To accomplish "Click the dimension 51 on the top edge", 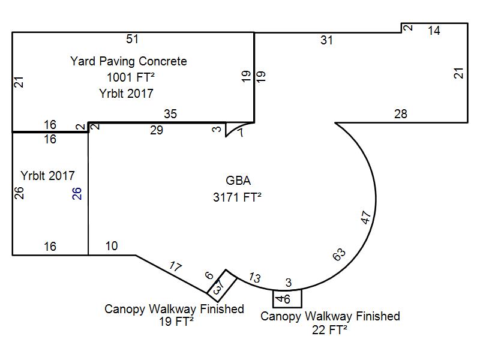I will [x=133, y=39].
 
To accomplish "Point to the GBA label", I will [x=238, y=181].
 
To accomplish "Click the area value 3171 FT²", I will [x=238, y=197].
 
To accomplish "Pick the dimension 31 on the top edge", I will [x=326, y=40].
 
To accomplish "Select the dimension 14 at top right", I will [x=434, y=31].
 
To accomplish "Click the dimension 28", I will [x=401, y=114].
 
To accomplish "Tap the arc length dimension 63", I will [x=339, y=255].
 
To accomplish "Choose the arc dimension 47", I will [x=367, y=217].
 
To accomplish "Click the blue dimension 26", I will [x=77, y=193].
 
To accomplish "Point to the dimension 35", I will [x=170, y=114].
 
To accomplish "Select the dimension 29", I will [x=156, y=130].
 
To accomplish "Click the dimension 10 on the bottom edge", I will [x=112, y=246].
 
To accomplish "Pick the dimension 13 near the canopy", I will [x=254, y=278].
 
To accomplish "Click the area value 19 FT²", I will [x=174, y=322].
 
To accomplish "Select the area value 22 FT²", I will [x=330, y=329].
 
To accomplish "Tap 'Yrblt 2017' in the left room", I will [x=47, y=176].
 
